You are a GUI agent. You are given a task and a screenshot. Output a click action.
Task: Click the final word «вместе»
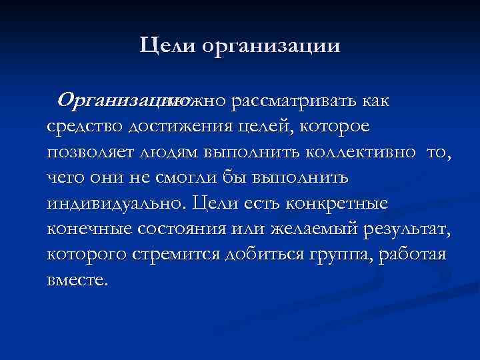[x=76, y=280]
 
